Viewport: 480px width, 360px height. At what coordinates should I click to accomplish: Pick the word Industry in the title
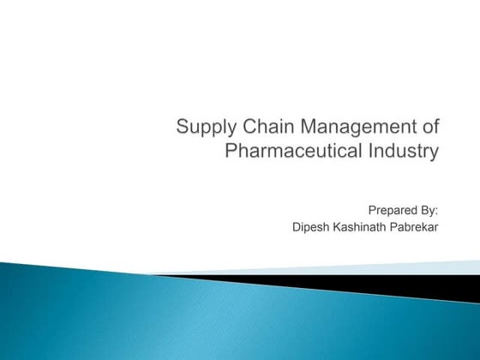click(405, 153)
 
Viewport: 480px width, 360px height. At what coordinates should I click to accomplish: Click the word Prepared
click(393, 208)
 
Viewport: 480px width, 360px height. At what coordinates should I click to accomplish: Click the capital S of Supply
click(182, 129)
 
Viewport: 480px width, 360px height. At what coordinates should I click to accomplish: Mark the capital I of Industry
click(375, 153)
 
